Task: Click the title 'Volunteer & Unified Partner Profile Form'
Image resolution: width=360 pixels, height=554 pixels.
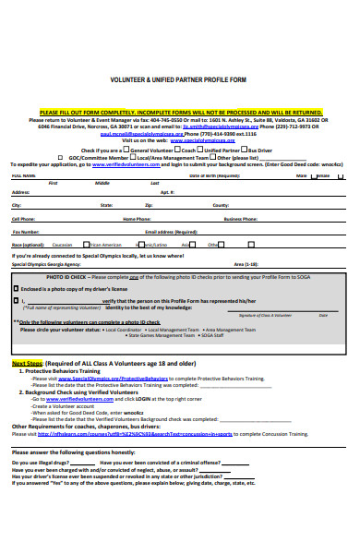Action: pyautogui.click(x=179, y=79)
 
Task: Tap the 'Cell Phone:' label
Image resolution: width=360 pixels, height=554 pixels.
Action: pyautogui.click(x=23, y=219)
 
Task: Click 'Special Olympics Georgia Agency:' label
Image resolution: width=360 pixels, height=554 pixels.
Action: pyautogui.click(x=44, y=264)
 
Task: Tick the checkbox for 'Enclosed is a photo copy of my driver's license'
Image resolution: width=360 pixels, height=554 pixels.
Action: pyautogui.click(x=16, y=289)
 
